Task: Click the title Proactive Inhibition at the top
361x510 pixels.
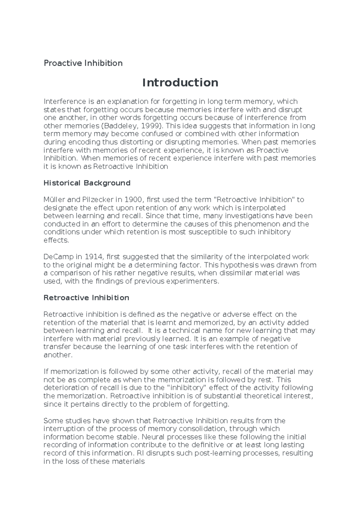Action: click(83, 63)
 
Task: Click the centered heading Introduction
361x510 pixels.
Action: click(180, 82)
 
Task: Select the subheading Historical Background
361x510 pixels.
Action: click(87, 183)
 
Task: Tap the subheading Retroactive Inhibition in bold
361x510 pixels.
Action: click(86, 298)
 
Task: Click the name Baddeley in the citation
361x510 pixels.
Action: click(118, 126)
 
